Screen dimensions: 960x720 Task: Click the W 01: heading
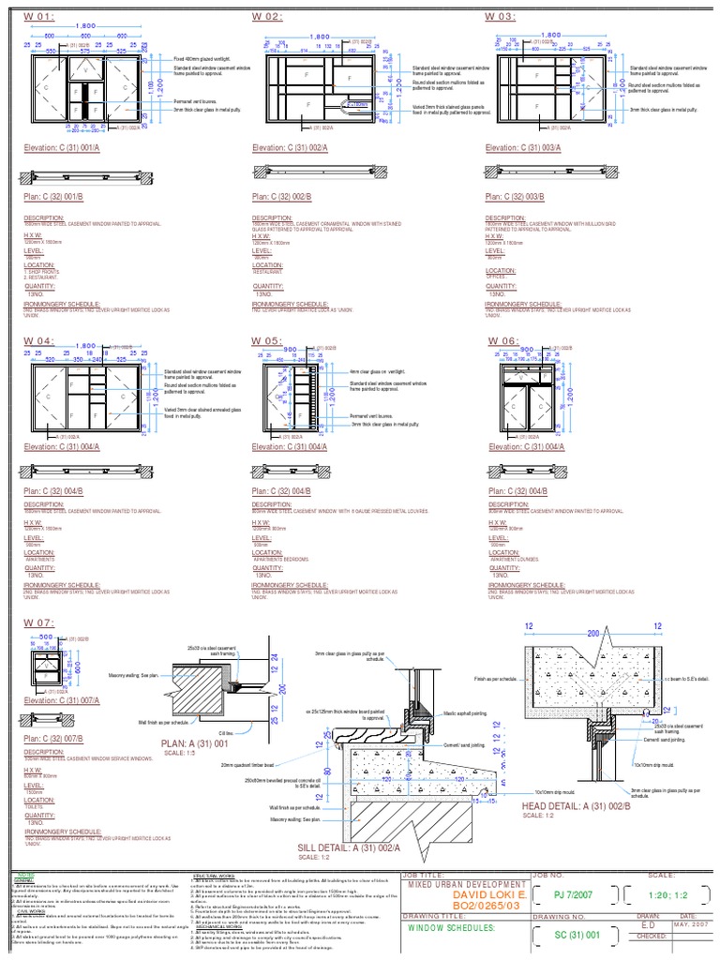[39, 17]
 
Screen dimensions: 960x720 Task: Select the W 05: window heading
[267, 340]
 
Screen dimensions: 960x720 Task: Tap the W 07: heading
[39, 622]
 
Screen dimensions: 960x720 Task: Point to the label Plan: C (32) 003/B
[522, 197]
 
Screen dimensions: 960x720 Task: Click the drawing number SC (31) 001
[575, 936]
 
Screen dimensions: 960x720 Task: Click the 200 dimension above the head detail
[592, 634]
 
